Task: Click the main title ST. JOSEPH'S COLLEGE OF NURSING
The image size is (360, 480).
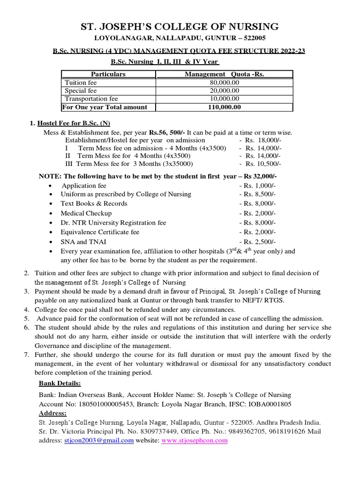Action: coord(180,26)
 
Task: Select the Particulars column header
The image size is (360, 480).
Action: coord(108,74)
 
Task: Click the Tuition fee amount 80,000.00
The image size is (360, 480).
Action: coord(224,82)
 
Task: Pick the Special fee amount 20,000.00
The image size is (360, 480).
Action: coord(224,90)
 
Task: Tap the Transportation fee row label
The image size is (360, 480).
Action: coord(91,99)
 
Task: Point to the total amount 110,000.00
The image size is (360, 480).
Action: coord(224,107)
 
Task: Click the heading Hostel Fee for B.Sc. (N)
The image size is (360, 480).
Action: coord(73,123)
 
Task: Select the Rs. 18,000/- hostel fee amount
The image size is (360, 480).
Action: coord(263,140)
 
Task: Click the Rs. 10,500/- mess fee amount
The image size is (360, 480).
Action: coord(263,164)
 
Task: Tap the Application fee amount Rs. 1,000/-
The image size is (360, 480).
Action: coord(257,186)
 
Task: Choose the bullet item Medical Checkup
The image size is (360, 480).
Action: coord(86,213)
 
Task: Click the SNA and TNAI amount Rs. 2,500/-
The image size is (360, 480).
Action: coord(257,241)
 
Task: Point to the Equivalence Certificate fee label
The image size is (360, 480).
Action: coord(100,232)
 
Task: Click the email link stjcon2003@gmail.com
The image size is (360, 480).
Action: coord(99,441)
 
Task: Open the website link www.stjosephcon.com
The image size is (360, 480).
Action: coord(195,441)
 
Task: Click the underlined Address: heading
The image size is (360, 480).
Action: coord(52,413)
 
